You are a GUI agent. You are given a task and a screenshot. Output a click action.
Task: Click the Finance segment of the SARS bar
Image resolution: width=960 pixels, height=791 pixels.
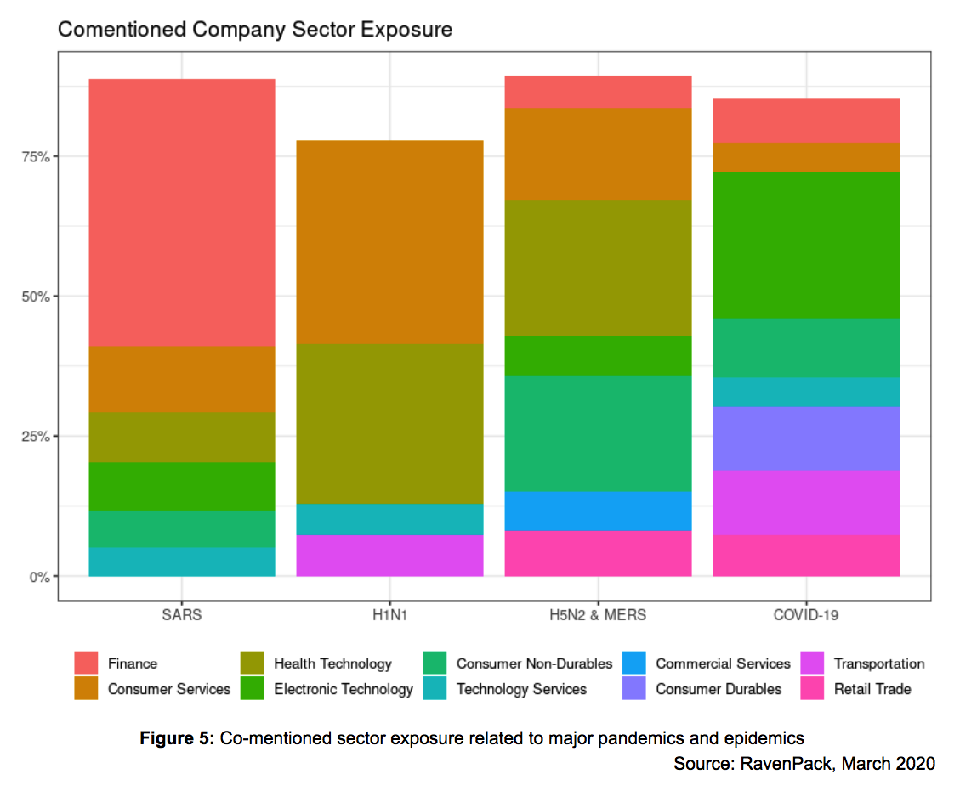pos(182,212)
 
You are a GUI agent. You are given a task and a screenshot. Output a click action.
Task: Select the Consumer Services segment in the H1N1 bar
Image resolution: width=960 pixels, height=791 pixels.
pos(389,242)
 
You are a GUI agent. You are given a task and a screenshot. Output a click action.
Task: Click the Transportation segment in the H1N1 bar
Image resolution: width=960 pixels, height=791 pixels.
pos(389,555)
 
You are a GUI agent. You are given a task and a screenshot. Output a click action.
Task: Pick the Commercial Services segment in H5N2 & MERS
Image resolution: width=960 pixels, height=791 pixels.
pos(598,511)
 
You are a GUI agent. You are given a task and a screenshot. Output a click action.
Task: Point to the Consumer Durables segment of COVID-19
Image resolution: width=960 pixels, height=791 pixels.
pos(806,438)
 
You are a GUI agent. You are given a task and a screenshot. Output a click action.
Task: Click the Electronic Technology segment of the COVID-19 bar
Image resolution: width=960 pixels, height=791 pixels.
pos(806,245)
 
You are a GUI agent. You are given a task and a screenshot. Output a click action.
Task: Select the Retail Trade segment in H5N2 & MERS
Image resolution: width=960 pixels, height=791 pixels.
pos(598,553)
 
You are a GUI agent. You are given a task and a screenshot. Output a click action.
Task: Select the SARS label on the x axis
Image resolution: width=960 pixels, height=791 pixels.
pos(182,614)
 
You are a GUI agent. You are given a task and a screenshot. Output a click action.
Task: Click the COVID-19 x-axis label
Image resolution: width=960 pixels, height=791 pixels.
pos(806,614)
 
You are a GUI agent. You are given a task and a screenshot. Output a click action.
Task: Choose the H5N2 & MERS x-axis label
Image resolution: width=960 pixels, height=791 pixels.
pos(598,614)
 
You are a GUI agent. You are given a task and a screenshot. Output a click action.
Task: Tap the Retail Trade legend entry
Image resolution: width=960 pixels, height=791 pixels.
pos(872,689)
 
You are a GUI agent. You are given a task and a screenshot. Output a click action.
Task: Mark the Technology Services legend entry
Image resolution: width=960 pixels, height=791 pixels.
pos(520,689)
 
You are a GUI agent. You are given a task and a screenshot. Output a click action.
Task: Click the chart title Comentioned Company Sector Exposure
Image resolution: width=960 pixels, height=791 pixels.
pos(254,30)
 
